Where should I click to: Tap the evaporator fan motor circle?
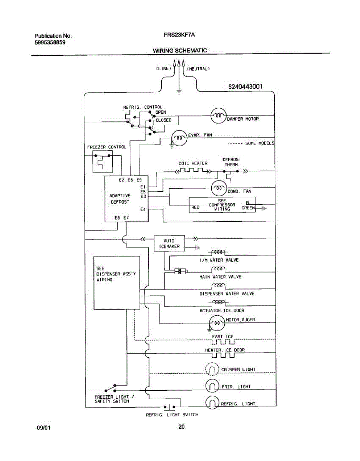click(x=179, y=138)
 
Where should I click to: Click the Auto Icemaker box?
click(x=169, y=244)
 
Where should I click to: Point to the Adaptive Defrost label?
click(x=120, y=199)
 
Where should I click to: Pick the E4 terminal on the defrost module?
click(x=143, y=209)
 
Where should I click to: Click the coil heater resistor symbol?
click(x=193, y=171)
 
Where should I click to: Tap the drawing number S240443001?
click(x=245, y=87)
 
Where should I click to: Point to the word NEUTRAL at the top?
click(x=198, y=69)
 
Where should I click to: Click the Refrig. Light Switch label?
click(x=172, y=415)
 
